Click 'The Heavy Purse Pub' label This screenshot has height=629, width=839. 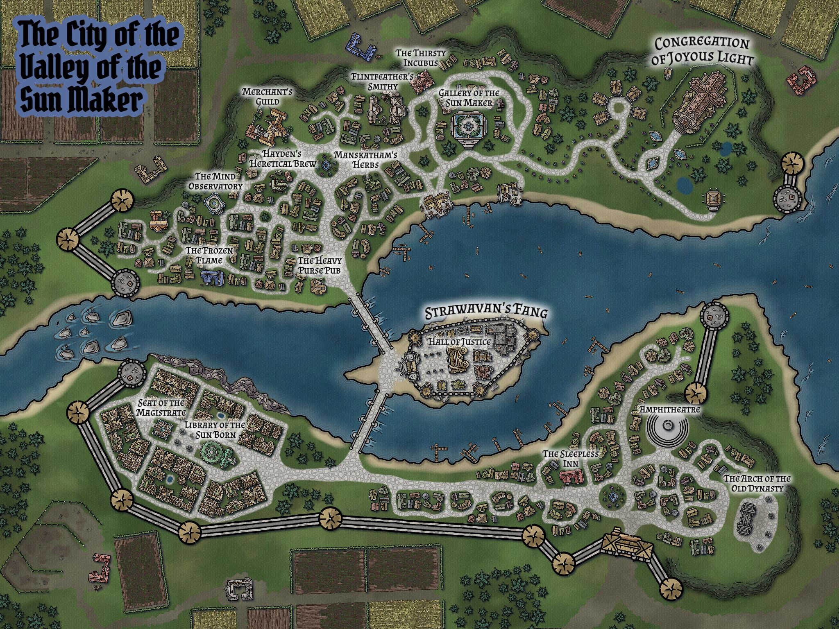pos(319,265)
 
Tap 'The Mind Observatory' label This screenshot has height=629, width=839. pos(221,181)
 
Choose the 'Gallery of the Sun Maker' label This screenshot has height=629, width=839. pos(469,98)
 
